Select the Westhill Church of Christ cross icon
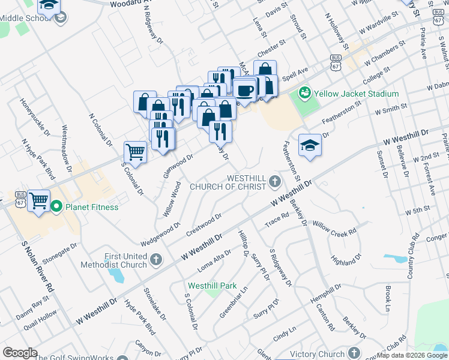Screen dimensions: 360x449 [x=275, y=181]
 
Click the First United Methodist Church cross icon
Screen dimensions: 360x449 [x=156, y=260]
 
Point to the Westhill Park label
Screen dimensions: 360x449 [x=212, y=286]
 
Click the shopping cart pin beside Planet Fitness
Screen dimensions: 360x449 [x=38, y=200]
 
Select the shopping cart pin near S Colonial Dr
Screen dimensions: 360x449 [x=135, y=152]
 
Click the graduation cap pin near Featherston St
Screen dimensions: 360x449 [x=310, y=145]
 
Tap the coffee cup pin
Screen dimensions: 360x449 [x=244, y=90]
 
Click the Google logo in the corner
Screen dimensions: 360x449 [x=20, y=353]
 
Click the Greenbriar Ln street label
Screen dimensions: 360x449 [x=234, y=304]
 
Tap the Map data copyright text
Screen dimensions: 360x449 [x=412, y=355]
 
